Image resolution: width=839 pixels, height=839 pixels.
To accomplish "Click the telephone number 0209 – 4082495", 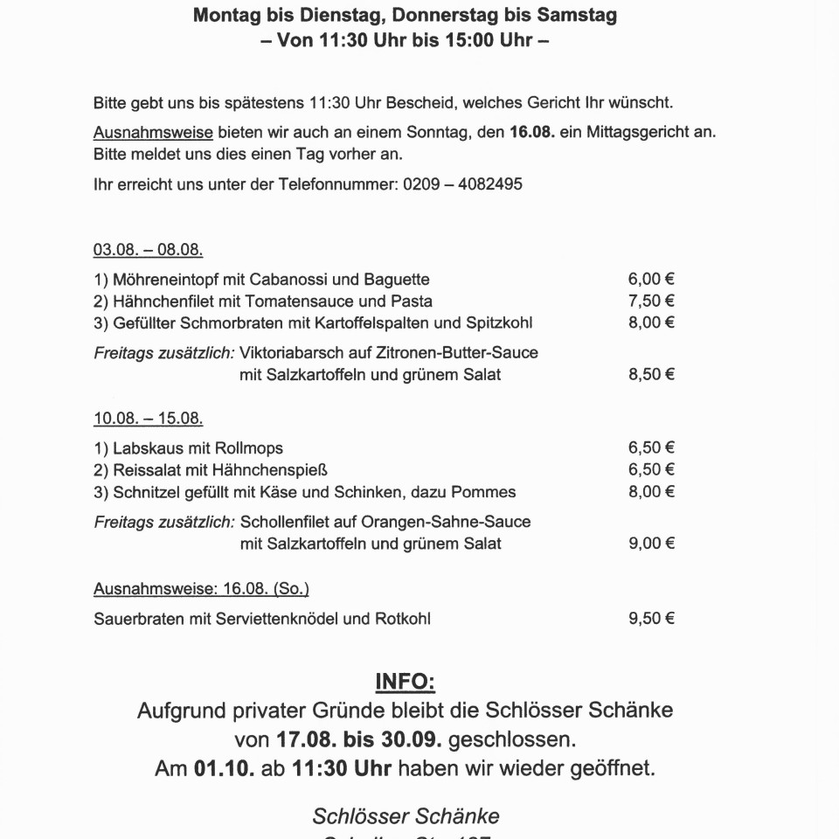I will [463, 185].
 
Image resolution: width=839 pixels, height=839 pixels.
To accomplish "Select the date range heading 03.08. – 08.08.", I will [148, 250].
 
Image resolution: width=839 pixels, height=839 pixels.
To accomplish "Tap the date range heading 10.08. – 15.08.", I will [148, 419].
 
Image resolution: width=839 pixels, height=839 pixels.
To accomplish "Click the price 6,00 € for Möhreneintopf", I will [651, 280].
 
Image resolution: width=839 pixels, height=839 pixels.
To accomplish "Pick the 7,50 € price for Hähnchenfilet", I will [651, 302].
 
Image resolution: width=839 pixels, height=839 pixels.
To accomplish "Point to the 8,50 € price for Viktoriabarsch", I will [651, 375].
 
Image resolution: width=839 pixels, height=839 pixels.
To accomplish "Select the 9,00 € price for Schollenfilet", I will [651, 544].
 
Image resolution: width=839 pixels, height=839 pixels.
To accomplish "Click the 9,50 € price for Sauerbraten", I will [651, 619].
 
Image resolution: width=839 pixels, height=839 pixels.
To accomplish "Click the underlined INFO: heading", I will [405, 682].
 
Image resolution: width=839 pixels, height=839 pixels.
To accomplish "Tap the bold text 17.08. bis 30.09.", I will [358, 739].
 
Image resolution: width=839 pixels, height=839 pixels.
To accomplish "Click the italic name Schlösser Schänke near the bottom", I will [406, 816].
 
